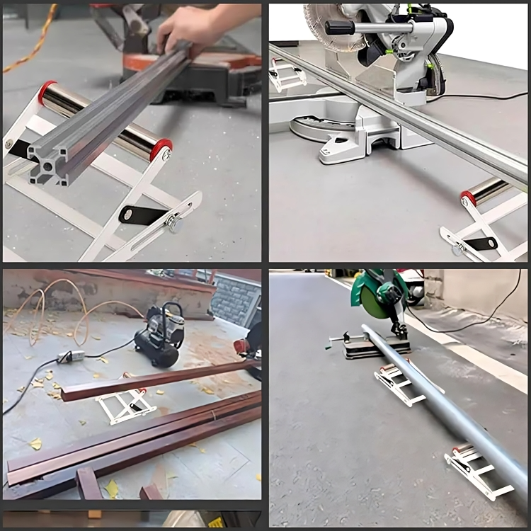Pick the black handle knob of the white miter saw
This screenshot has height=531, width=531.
point(339,27)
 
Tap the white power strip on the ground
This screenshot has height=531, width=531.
point(71,356)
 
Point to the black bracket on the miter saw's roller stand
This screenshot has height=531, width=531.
point(481,244)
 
